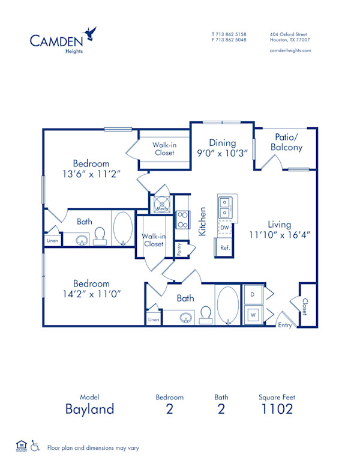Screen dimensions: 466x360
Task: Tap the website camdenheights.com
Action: click(x=290, y=50)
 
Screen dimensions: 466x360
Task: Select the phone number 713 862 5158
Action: click(x=232, y=34)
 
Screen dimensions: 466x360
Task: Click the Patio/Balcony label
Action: click(x=286, y=142)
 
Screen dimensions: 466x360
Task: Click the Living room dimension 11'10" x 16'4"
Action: click(x=280, y=235)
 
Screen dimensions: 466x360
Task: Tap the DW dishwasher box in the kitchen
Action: click(x=224, y=228)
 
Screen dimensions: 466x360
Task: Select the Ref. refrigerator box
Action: click(x=224, y=247)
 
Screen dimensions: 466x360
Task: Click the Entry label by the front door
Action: click(x=284, y=325)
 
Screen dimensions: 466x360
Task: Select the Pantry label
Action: click(x=179, y=249)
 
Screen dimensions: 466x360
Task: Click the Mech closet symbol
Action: click(x=161, y=204)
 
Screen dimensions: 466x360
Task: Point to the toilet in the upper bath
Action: click(x=101, y=235)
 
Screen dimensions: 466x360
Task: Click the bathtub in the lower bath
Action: click(x=227, y=306)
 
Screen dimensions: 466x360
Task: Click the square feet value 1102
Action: click(x=277, y=410)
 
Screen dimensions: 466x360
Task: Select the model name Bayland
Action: click(x=89, y=410)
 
